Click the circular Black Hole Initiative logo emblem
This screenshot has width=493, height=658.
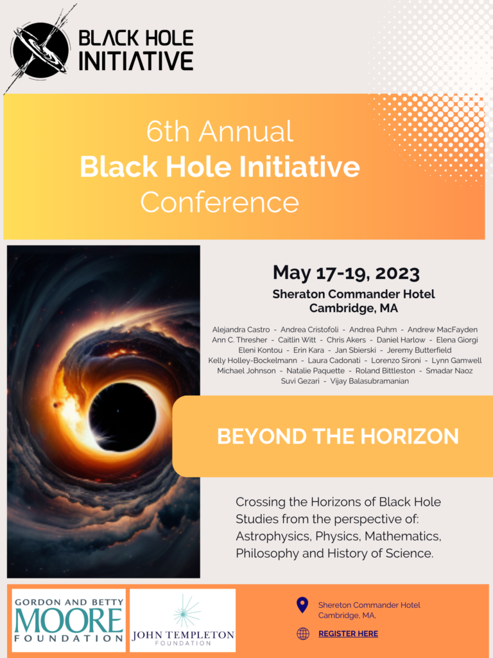pyautogui.click(x=40, y=50)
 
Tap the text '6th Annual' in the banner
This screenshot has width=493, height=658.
pyautogui.click(x=220, y=131)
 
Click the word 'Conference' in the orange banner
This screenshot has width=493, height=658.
pyautogui.click(x=220, y=202)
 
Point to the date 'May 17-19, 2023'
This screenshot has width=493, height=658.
pyautogui.click(x=346, y=273)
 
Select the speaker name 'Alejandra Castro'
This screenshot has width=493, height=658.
pyautogui.click(x=241, y=330)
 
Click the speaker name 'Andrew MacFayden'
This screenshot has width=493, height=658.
pyautogui.click(x=442, y=330)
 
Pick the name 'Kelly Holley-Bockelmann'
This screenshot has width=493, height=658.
pyautogui.click(x=252, y=360)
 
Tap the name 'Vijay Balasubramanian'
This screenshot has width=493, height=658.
pyautogui.click(x=369, y=381)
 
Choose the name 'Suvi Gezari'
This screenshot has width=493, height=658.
pyautogui.click(x=300, y=381)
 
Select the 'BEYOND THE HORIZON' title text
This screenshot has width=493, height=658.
pyautogui.click(x=338, y=436)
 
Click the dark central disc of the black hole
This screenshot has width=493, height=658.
pyautogui.click(x=123, y=416)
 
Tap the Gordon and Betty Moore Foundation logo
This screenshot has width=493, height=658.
pyautogui.click(x=69, y=620)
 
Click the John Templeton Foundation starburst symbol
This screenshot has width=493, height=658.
pyautogui.click(x=187, y=612)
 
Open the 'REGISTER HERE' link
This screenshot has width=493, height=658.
pyautogui.click(x=348, y=634)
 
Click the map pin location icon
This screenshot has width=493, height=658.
pyautogui.click(x=302, y=605)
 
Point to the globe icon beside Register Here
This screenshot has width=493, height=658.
pyautogui.click(x=303, y=634)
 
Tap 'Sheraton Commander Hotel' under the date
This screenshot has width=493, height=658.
pyautogui.click(x=354, y=294)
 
